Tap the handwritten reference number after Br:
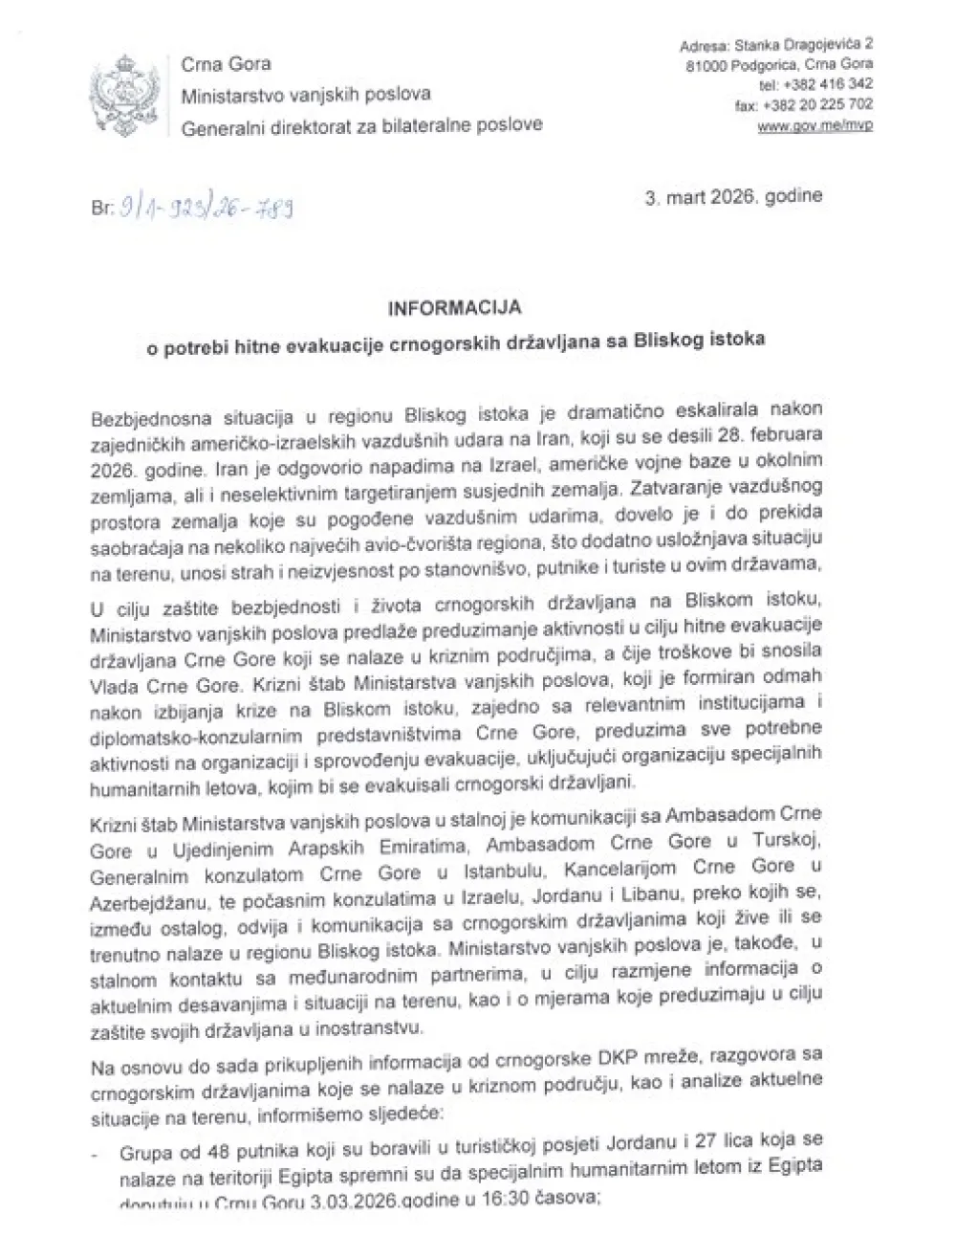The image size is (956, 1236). click(206, 207)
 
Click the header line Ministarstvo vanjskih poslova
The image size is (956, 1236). click(306, 95)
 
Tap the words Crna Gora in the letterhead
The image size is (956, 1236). click(226, 65)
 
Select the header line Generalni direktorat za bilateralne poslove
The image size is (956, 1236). click(361, 124)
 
